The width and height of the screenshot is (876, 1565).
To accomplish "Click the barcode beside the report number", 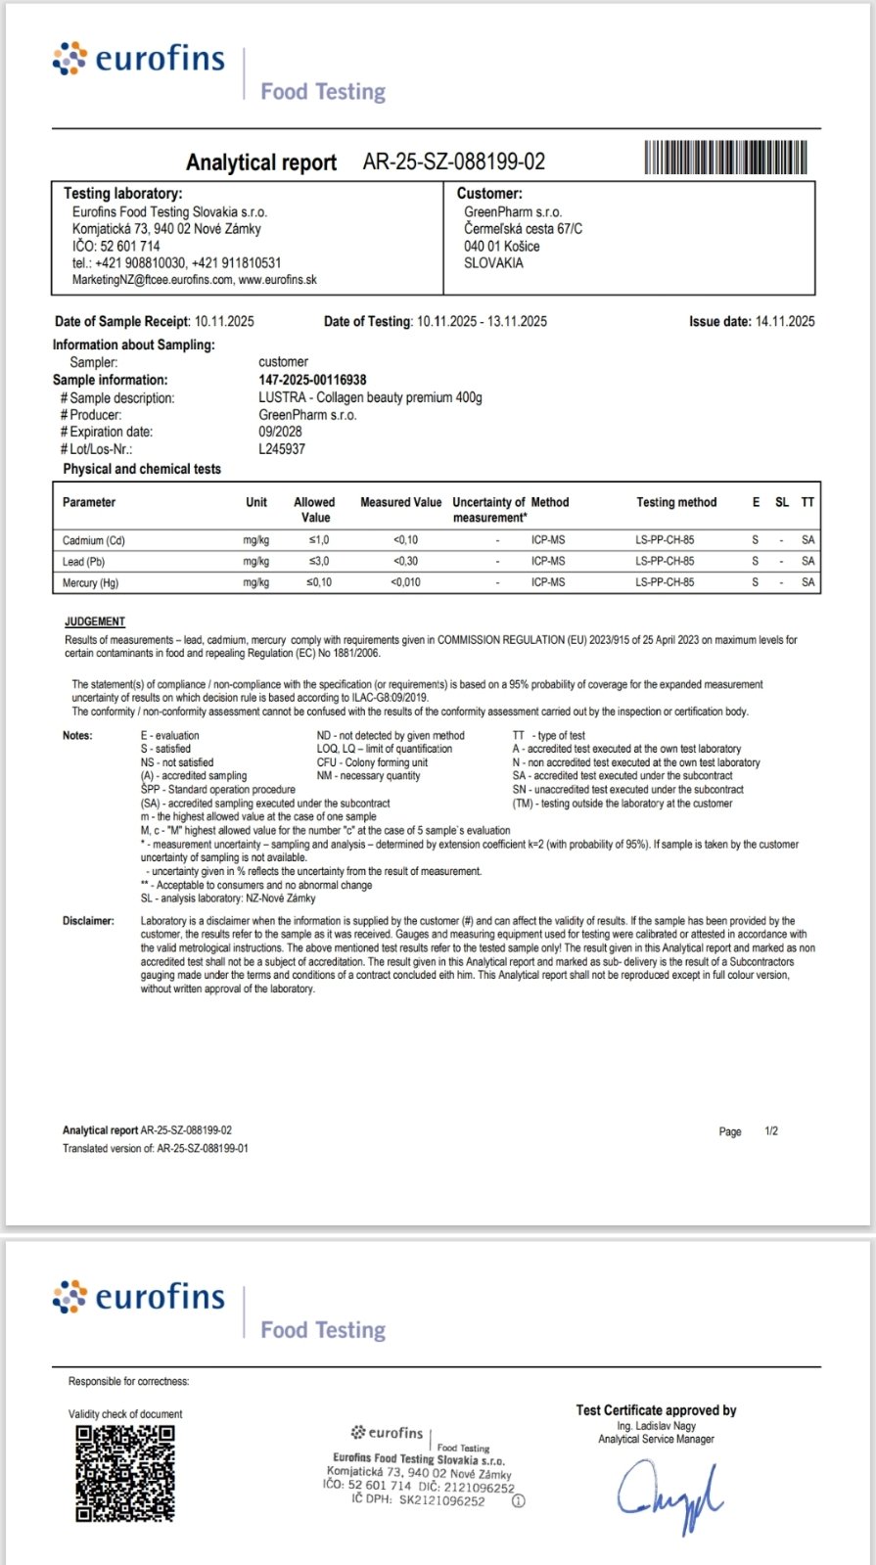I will pos(725,158).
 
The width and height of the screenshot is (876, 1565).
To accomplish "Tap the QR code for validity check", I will pos(125,1473).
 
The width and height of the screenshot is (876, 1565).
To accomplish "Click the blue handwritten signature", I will pos(670,1495).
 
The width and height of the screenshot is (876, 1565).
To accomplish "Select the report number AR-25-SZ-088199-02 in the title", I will pos(453,161).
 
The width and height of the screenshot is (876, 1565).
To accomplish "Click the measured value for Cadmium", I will pos(405,540).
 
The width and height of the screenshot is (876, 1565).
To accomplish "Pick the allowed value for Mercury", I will pos(319,582).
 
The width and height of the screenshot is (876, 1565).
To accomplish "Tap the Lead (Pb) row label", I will pos(83,562).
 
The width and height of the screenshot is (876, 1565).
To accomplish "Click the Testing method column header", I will pos(676,502).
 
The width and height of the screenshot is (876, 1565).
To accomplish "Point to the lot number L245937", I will pos(282,449).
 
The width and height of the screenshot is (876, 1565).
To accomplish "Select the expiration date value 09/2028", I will pos(280,432).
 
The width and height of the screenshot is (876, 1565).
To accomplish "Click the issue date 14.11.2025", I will pos(784,321).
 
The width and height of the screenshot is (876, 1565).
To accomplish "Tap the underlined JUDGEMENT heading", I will pos(95,621).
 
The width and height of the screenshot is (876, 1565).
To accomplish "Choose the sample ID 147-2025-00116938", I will pos(312,380).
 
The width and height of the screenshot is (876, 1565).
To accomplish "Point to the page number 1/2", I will pos(771,1131).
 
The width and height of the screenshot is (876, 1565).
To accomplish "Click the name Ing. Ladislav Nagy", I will pos(656,1426).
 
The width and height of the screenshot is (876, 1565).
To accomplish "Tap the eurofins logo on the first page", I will pos(139,60).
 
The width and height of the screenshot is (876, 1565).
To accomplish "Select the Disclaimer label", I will pos(88,921).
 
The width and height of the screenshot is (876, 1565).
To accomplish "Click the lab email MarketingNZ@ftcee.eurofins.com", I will pos(153,280).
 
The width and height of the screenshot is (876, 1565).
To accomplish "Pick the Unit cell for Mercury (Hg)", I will pos(256,583).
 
